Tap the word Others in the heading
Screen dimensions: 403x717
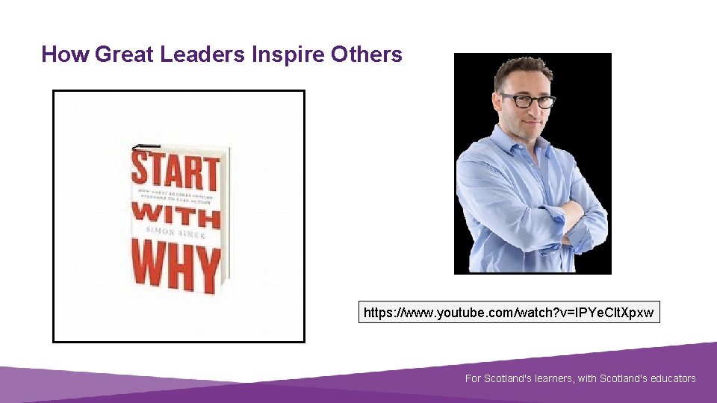pyautogui.click(x=367, y=54)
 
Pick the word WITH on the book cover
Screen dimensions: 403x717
pyautogui.click(x=176, y=216)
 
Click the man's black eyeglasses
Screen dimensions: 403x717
pyautogui.click(x=527, y=100)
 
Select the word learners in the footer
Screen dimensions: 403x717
pyautogui.click(x=554, y=378)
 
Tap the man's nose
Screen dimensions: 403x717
pyautogui.click(x=531, y=110)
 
